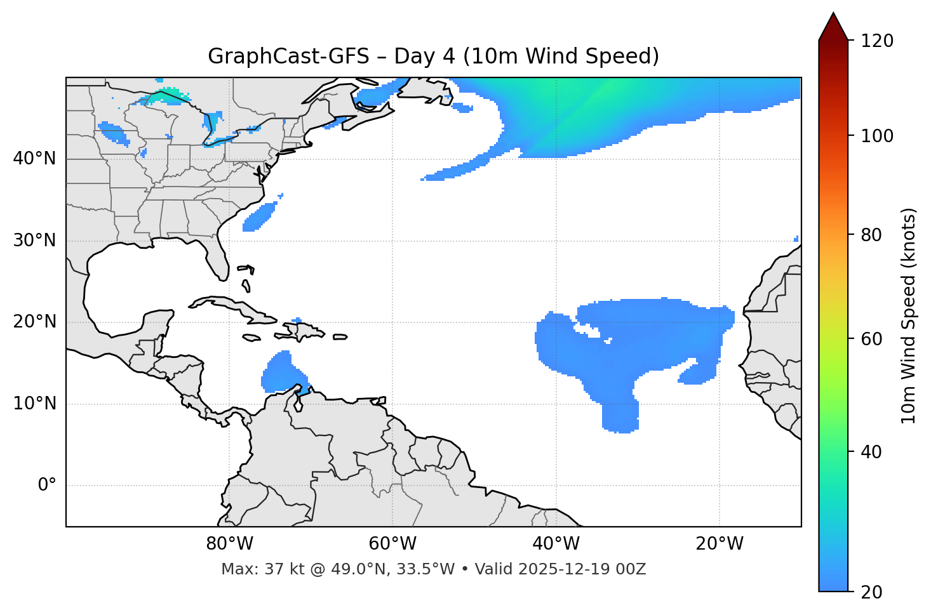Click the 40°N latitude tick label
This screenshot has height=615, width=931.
pyautogui.click(x=34, y=159)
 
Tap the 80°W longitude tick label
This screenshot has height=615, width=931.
pyautogui.click(x=229, y=544)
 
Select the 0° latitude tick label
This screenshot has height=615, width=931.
pyautogui.click(x=47, y=486)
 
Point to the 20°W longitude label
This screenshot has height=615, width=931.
pyautogui.click(x=720, y=544)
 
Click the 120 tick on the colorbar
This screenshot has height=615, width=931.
pyautogui.click(x=877, y=41)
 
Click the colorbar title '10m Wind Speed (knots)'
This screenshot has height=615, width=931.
pyautogui.click(x=909, y=315)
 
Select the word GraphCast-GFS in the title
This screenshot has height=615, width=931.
pyautogui.click(x=288, y=56)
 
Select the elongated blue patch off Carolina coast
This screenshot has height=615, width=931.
pyautogui.click(x=260, y=216)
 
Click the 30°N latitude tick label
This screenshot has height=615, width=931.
pyautogui.click(x=34, y=241)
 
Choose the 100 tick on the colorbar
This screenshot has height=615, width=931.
pyautogui.click(x=877, y=136)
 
